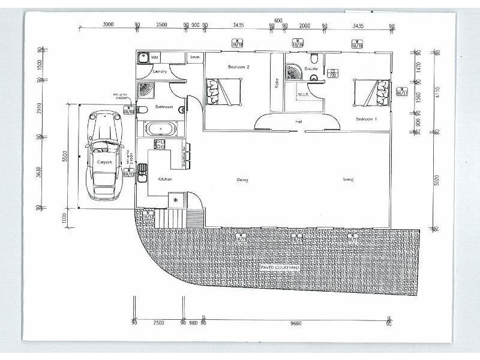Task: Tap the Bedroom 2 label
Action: (238, 67)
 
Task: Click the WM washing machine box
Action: (154, 57)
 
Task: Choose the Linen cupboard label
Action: (195, 57)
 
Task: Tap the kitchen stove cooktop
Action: (160, 144)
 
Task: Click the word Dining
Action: (242, 179)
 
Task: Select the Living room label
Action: (348, 179)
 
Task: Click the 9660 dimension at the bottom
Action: (294, 323)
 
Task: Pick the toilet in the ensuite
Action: (314, 58)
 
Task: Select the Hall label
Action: (298, 122)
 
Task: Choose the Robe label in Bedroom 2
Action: (277, 83)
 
